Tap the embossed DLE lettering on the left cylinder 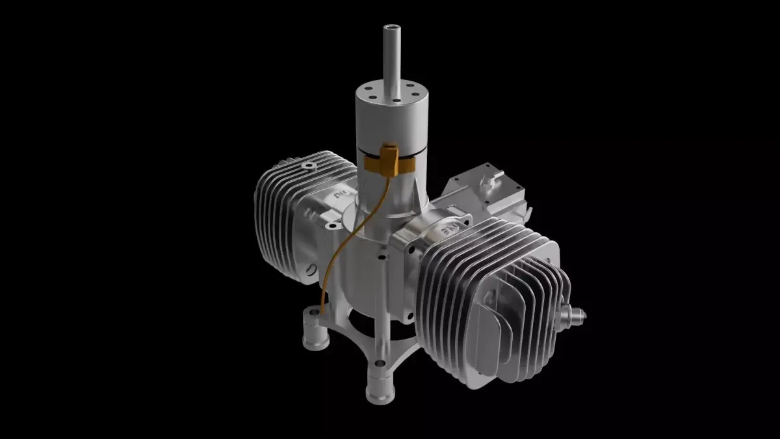coord(340,193)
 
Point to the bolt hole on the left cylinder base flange coord(333,225)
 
